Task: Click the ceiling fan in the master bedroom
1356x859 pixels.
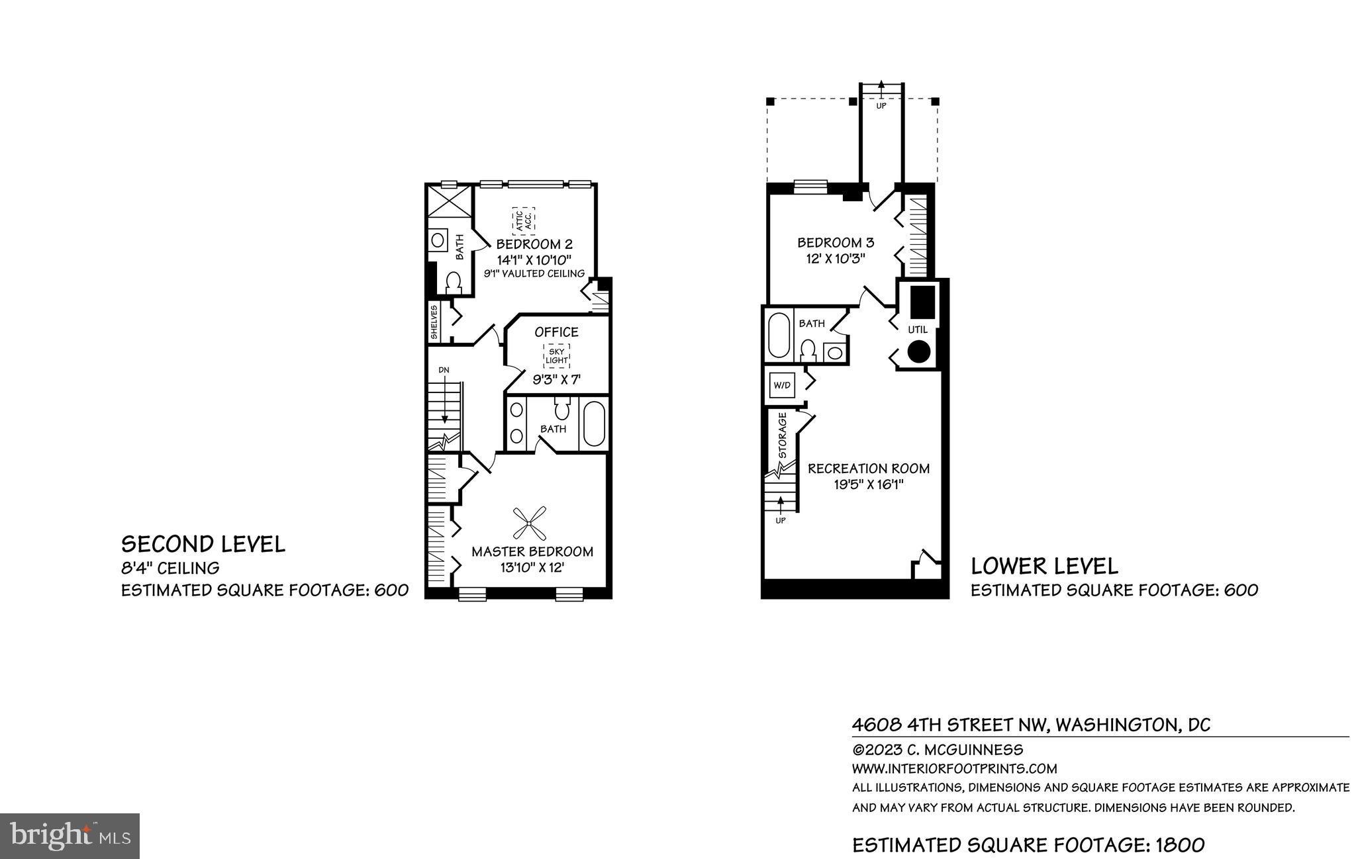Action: (529, 523)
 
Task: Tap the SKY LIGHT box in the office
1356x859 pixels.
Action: (557, 356)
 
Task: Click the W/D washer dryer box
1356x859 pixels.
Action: (781, 385)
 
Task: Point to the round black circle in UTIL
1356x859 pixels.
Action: (918, 351)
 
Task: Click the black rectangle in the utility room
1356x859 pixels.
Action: (922, 302)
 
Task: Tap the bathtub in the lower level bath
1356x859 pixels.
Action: (777, 336)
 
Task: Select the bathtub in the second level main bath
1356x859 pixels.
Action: (594, 423)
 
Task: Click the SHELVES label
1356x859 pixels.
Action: (434, 322)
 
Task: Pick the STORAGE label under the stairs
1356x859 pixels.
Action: (782, 435)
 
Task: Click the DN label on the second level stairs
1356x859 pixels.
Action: (444, 369)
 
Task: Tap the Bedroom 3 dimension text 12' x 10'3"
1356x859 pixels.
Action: (832, 259)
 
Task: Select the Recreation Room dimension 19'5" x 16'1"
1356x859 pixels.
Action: (869, 484)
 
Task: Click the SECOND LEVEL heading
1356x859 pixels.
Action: (203, 544)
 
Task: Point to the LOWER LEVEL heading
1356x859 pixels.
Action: (1044, 566)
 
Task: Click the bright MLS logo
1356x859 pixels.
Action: (70, 836)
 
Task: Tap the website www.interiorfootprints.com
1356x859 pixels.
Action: (954, 769)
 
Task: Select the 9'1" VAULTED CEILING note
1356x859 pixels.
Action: (534, 273)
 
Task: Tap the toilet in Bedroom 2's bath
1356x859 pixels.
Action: (454, 283)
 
